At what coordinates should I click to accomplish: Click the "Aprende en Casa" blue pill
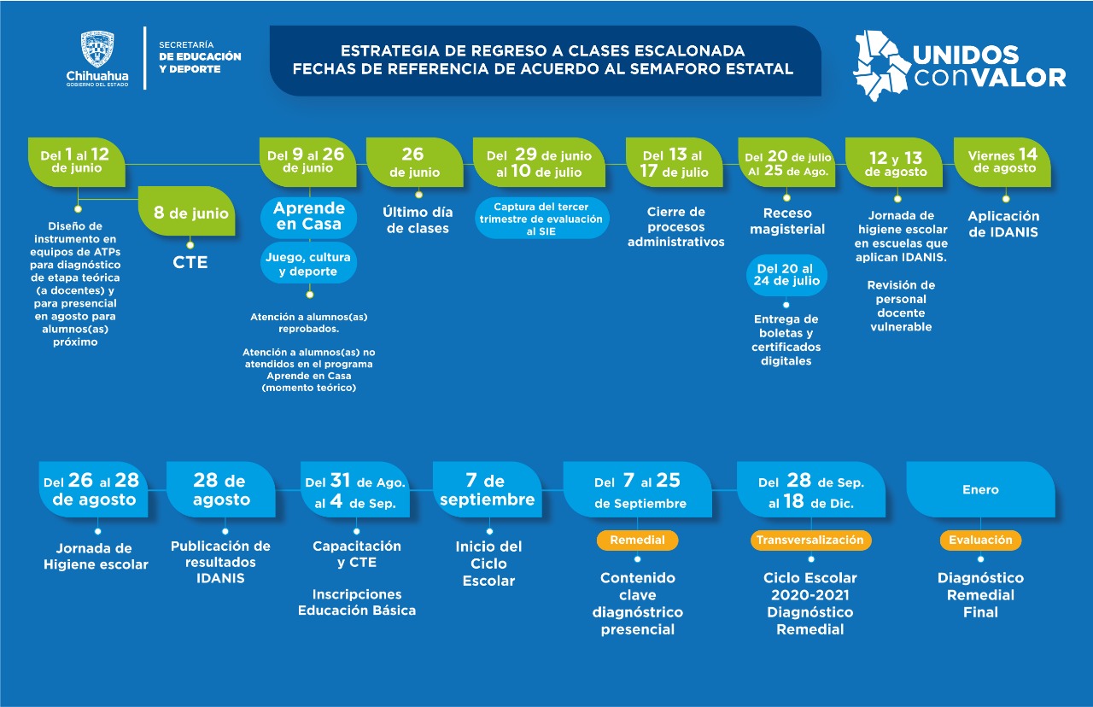(308, 216)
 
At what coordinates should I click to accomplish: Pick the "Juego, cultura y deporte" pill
(308, 265)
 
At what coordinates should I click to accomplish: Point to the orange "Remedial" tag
(637, 540)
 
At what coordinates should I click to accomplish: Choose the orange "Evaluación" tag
(980, 540)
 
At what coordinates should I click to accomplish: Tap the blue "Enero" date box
(980, 490)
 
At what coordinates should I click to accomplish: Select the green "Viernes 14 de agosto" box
(1002, 161)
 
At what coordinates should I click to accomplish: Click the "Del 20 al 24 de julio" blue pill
(786, 275)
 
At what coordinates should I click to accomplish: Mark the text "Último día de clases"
(418, 220)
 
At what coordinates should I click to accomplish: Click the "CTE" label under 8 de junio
(190, 262)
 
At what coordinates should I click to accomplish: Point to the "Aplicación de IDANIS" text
(1004, 224)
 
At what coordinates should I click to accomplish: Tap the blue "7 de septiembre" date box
(487, 490)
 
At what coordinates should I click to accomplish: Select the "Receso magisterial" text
(786, 220)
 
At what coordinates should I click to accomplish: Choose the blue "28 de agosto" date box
(220, 490)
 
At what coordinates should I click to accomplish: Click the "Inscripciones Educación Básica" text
(356, 602)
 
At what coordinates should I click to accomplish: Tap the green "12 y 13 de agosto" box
(895, 161)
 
